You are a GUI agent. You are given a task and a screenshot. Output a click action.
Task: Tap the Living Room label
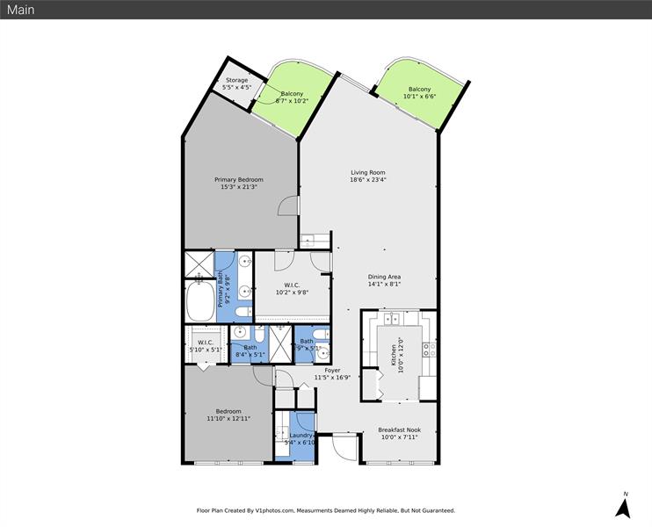(x=368, y=172)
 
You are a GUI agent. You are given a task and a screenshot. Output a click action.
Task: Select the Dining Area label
(x=384, y=277)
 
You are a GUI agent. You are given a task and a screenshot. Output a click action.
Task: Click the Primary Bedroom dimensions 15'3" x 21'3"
(x=239, y=187)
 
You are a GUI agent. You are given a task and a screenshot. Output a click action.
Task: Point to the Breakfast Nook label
(x=398, y=430)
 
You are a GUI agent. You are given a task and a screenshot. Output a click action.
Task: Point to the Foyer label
(x=332, y=370)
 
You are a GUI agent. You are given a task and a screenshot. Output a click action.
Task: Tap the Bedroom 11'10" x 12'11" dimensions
(x=228, y=419)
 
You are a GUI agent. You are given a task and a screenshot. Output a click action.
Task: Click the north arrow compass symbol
(x=623, y=507)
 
